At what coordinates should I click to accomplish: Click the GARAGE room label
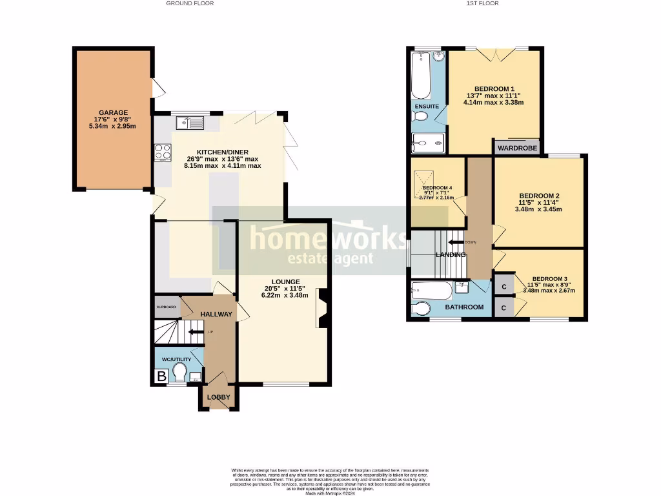(113, 112)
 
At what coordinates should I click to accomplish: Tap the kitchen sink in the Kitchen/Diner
(188, 122)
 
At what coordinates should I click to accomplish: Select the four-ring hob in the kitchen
(163, 152)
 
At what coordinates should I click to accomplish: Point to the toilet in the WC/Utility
(179, 373)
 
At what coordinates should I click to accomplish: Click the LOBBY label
(218, 397)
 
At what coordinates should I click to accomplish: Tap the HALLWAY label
(216, 314)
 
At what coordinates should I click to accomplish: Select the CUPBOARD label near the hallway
(167, 307)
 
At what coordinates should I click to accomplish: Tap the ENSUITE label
(427, 106)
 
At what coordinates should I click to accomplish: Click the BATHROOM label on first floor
(467, 307)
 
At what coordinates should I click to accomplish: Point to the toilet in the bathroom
(421, 309)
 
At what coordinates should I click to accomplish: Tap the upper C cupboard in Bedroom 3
(503, 285)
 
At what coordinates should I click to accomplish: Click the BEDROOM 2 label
(539, 196)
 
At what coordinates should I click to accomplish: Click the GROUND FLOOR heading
(190, 3)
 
